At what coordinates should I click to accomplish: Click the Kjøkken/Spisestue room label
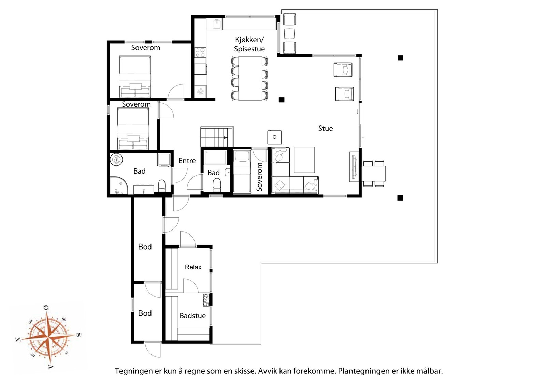[x=249, y=44]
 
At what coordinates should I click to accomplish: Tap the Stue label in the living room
[x=326, y=128]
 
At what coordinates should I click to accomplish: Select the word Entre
[x=187, y=161]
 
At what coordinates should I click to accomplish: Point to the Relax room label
[x=193, y=267]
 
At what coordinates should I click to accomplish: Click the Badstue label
[x=192, y=316]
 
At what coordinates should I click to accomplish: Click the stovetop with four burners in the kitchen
[x=200, y=53]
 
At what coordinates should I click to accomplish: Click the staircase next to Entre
[x=217, y=137]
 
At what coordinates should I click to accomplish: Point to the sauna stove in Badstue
[x=206, y=300]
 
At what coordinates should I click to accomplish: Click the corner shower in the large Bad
[x=118, y=185]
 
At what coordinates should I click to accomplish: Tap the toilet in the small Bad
[x=217, y=185]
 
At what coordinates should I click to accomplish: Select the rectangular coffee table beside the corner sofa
[x=304, y=160]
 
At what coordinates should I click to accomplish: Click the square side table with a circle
[x=274, y=137]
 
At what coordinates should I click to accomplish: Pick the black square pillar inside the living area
[x=282, y=100]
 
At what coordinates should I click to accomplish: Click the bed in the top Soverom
[x=135, y=76]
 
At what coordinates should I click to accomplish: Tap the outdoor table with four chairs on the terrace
[x=373, y=174]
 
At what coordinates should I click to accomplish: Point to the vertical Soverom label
[x=259, y=177]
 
